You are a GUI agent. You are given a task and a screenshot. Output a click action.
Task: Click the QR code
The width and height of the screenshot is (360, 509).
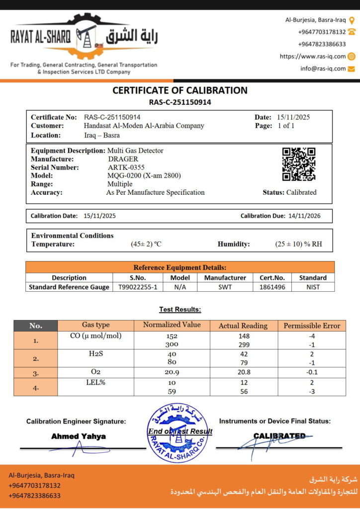299,165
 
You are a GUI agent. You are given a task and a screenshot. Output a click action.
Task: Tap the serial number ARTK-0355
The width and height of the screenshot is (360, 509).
125,168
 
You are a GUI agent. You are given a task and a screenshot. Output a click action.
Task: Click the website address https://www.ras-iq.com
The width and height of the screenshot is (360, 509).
313,57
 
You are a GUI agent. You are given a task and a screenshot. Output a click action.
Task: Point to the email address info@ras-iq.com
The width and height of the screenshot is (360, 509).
323,69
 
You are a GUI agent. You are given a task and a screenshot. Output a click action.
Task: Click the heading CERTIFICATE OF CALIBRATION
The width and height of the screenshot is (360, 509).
180,90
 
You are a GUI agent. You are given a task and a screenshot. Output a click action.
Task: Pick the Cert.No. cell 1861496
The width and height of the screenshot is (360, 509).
272,287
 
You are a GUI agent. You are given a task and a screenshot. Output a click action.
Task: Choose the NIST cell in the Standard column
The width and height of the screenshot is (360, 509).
313,287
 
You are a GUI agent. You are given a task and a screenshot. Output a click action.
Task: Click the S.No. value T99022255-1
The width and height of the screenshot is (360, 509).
138,287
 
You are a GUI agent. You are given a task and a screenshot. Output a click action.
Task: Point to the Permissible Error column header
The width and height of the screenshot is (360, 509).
312,326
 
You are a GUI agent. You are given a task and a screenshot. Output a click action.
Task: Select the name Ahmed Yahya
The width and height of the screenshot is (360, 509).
79,436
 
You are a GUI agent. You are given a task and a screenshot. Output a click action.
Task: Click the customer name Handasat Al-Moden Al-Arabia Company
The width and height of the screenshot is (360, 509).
144,126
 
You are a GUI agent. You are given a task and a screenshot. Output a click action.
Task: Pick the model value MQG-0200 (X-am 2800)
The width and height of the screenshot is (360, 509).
144,175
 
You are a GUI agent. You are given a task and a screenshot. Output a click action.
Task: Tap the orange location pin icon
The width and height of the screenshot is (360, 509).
352,20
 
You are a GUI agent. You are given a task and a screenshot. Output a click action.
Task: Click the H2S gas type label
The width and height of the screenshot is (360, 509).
95,353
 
